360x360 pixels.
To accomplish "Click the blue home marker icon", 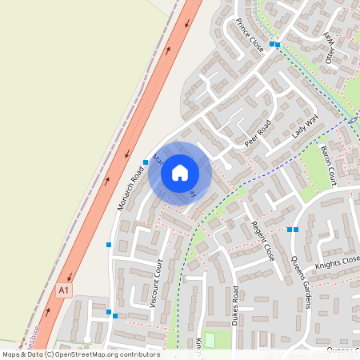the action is pyautogui.click(x=180, y=172).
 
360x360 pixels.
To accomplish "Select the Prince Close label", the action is pyautogui.click(x=250, y=35).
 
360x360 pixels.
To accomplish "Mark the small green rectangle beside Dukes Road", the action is pyautogui.click(x=210, y=340).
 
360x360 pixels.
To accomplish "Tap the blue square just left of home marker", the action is pyautogui.click(x=146, y=162).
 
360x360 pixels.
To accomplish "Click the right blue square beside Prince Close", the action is pyautogui.click(x=278, y=45).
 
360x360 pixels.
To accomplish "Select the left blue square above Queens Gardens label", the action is pyautogui.click(x=290, y=230).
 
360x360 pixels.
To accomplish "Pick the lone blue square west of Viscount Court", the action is pyautogui.click(x=109, y=244).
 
